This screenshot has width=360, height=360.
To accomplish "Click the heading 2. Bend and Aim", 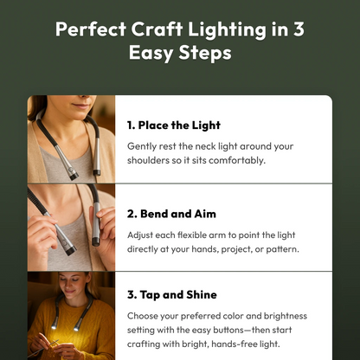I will click(171, 212).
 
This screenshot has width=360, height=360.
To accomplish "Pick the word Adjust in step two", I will click(142, 234).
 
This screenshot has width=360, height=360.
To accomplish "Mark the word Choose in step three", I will click(145, 316).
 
